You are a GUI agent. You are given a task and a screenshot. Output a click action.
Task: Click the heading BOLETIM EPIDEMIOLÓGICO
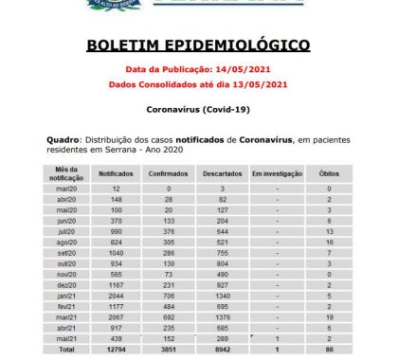tap(198, 45)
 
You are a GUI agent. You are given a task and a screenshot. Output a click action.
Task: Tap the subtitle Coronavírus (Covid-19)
tap(198, 110)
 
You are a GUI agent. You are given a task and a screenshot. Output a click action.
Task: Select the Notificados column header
tap(116, 174)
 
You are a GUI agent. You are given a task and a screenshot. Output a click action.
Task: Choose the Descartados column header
tap(223, 174)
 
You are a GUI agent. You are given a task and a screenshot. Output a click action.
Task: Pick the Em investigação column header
tap(276, 174)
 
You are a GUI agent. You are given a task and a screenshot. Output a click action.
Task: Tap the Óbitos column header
tap(328, 174)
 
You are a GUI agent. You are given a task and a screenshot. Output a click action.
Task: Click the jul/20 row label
tap(66, 230)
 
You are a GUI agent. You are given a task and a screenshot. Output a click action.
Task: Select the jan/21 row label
tap(66, 294)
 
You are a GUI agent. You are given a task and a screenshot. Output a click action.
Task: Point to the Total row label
tap(66, 349)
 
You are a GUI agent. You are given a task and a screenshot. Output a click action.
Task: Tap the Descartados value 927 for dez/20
tap(223, 284)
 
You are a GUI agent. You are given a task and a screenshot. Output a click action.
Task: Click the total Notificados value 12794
tap(116, 349)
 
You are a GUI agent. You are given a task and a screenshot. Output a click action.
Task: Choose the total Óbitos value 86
tap(328, 349)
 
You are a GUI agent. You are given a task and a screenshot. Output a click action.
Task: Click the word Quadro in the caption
tap(62, 140)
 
